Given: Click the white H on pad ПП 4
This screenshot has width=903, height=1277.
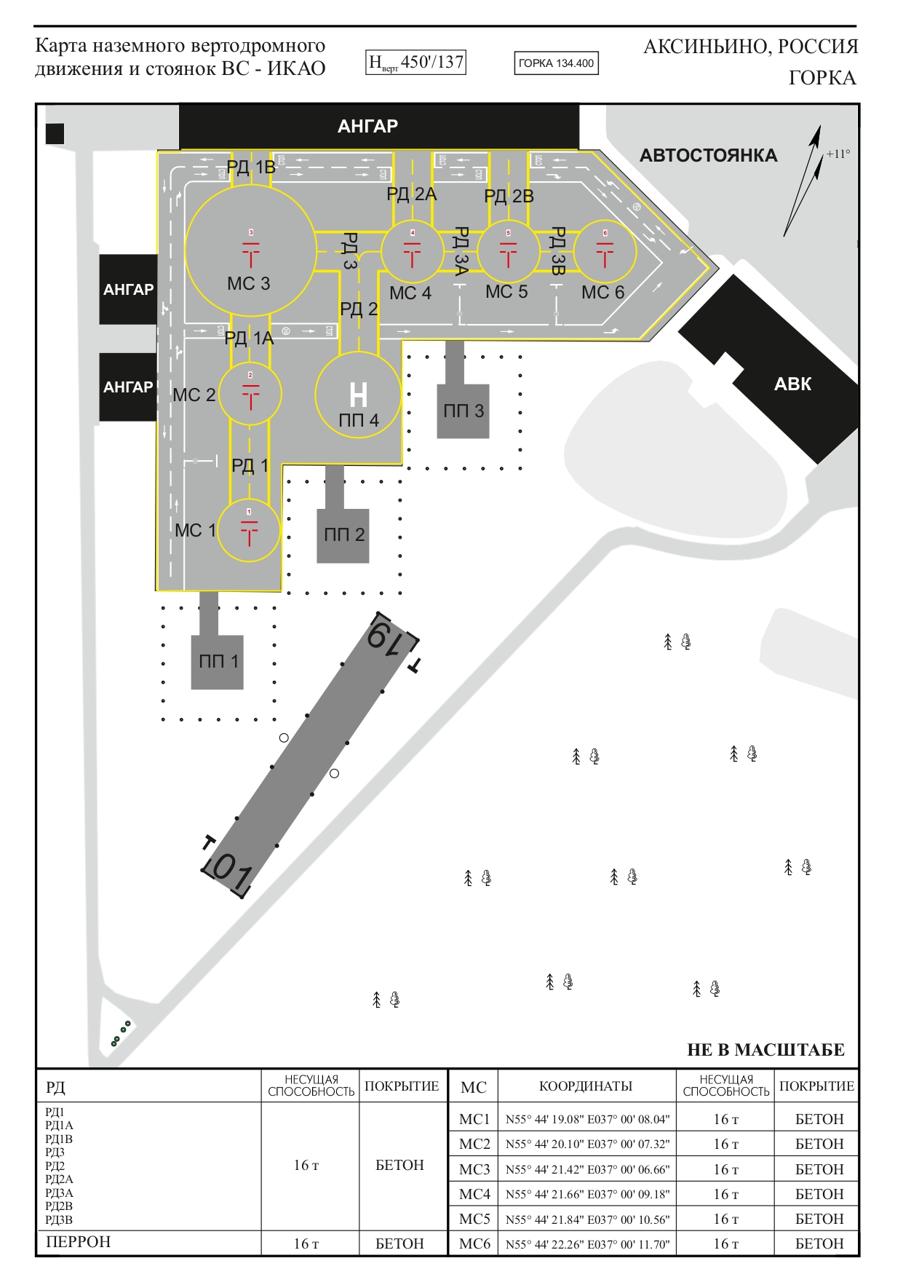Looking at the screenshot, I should pyautogui.click(x=358, y=395).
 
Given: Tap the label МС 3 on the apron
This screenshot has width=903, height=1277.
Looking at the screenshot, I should pyautogui.click(x=248, y=284).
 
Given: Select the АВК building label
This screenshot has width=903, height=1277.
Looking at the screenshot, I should pyautogui.click(x=792, y=384).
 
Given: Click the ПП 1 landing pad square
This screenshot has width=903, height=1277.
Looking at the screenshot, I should pyautogui.click(x=218, y=662).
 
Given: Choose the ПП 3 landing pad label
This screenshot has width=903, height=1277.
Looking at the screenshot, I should pyautogui.click(x=464, y=411).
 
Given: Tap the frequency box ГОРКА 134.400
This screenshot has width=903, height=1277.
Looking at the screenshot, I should pyautogui.click(x=556, y=63).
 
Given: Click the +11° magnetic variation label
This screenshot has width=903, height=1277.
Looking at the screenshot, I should pyautogui.click(x=838, y=154).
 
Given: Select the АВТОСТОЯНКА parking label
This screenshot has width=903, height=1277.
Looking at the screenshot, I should pyautogui.click(x=708, y=156).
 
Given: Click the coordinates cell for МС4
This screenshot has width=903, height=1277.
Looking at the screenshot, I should pyautogui.click(x=587, y=1195).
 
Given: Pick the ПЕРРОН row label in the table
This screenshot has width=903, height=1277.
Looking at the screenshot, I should pyautogui.click(x=78, y=1242).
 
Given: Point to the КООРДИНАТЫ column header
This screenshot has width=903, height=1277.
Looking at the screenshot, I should pyautogui.click(x=586, y=1086).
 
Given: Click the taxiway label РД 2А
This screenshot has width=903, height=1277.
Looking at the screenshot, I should pyautogui.click(x=411, y=194).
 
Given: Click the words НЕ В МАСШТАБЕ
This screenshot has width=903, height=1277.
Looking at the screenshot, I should pyautogui.click(x=765, y=1050).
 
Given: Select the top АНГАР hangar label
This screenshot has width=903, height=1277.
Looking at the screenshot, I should pyautogui.click(x=367, y=127).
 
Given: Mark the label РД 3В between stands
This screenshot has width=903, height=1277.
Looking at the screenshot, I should pyautogui.click(x=557, y=251).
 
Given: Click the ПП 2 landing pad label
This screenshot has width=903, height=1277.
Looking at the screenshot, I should pyautogui.click(x=343, y=535).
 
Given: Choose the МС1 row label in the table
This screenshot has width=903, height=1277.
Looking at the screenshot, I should pyautogui.click(x=474, y=1119).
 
